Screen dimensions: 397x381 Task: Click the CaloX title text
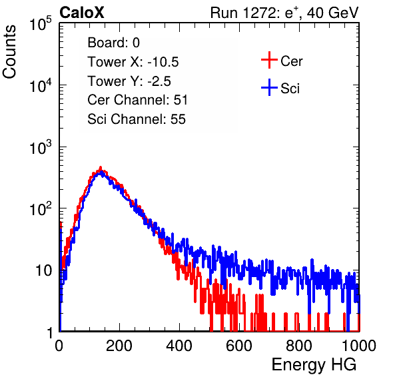(x=82, y=13)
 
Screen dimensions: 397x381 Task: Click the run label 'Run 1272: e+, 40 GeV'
(x=284, y=13)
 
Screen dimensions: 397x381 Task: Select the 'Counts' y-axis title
(x=9, y=52)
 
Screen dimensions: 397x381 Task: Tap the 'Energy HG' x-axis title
(x=314, y=364)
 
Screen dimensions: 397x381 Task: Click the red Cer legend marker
(x=269, y=60)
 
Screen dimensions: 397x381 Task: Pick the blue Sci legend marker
(x=269, y=87)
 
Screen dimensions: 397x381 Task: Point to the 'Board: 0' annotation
(x=113, y=43)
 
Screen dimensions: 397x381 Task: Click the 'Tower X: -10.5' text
(x=133, y=62)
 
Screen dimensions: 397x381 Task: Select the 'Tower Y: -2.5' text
(x=129, y=81)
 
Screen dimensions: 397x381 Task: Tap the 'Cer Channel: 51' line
(x=137, y=100)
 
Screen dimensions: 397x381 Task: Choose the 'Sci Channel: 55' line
(x=137, y=119)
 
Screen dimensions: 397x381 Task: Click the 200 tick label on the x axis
(x=119, y=346)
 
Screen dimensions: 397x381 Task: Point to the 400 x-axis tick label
(x=179, y=346)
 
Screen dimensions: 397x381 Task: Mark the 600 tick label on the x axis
(x=239, y=346)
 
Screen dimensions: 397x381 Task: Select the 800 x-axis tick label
(x=299, y=346)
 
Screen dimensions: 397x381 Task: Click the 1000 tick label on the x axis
(x=359, y=346)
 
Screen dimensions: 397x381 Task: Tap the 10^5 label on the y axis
(x=41, y=23)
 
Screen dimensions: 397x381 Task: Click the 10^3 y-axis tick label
(x=41, y=147)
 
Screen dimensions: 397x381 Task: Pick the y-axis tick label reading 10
(x=43, y=270)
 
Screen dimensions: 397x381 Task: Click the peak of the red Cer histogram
(x=101, y=168)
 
